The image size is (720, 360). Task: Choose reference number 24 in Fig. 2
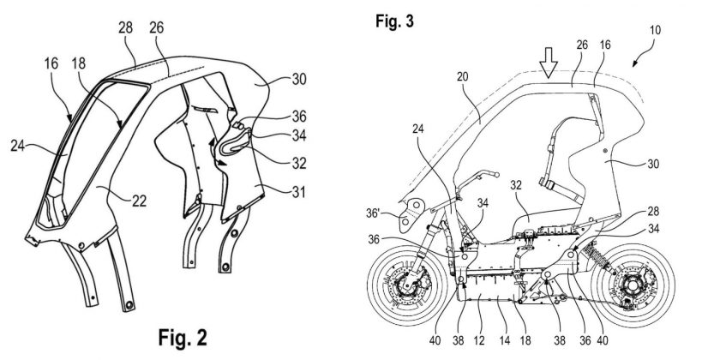point(25,147)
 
